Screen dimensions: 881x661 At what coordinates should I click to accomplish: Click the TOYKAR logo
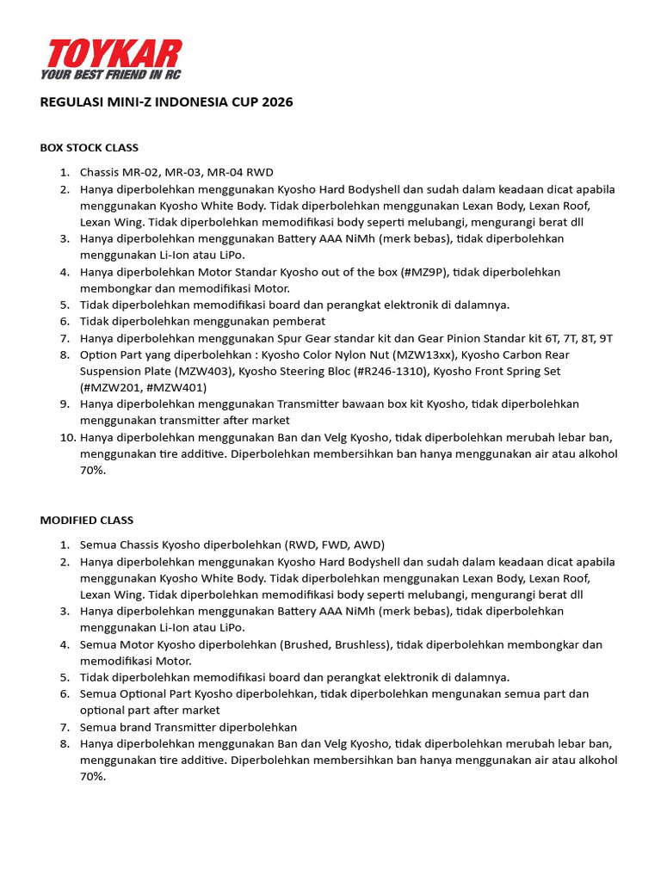click(x=111, y=53)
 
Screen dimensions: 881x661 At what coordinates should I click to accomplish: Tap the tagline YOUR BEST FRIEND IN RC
click(x=110, y=75)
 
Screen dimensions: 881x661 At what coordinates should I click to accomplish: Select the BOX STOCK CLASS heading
click(x=90, y=148)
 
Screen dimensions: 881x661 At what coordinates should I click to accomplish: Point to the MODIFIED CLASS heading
click(x=87, y=521)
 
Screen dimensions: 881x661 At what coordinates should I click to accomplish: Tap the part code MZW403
click(x=204, y=371)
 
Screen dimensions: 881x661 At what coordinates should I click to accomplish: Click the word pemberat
click(x=296, y=322)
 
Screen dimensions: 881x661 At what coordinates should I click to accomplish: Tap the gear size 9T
click(x=604, y=338)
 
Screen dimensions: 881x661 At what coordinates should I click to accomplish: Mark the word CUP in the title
click(x=244, y=102)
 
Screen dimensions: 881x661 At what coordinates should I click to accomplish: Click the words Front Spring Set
click(x=511, y=371)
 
